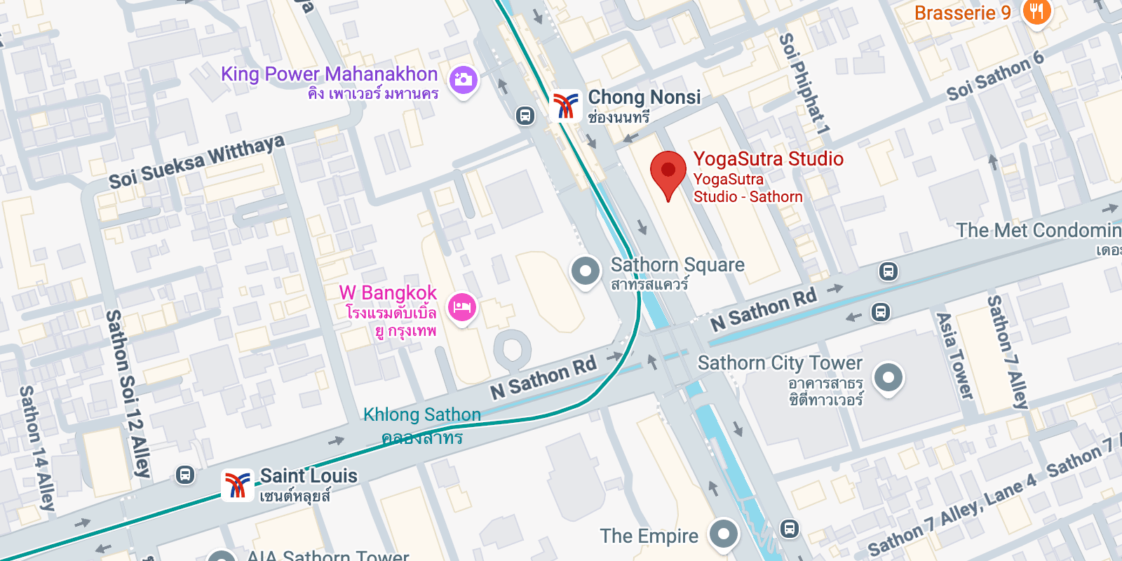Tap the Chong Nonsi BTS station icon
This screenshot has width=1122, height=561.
pyautogui.click(x=565, y=106)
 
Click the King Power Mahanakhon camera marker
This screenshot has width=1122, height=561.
pyautogui.click(x=463, y=80)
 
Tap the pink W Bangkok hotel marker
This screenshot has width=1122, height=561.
pyautogui.click(x=461, y=307)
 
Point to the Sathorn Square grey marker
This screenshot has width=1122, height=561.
pyautogui.click(x=586, y=271)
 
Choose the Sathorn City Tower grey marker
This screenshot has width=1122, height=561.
pyautogui.click(x=888, y=377)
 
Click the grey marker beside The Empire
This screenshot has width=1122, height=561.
pyautogui.click(x=724, y=534)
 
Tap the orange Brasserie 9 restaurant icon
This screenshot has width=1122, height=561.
pyautogui.click(x=1036, y=12)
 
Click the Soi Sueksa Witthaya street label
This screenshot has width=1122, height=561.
pyautogui.click(x=196, y=162)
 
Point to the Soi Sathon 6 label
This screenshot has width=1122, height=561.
pyautogui.click(x=995, y=76)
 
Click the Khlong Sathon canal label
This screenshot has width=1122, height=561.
pyautogui.click(x=421, y=415)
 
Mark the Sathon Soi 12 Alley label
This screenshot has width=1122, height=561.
pyautogui.click(x=128, y=393)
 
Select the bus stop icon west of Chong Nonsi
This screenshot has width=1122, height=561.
pyautogui.click(x=525, y=116)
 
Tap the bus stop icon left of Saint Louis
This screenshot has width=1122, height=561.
pyautogui.click(x=184, y=475)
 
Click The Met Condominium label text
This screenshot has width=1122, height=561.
pyautogui.click(x=1038, y=230)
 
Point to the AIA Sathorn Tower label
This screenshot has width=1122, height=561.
pyautogui.click(x=327, y=555)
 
